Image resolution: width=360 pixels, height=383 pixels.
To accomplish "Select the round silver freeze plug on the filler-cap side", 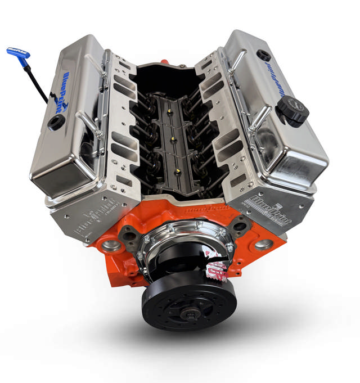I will point(263,245).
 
